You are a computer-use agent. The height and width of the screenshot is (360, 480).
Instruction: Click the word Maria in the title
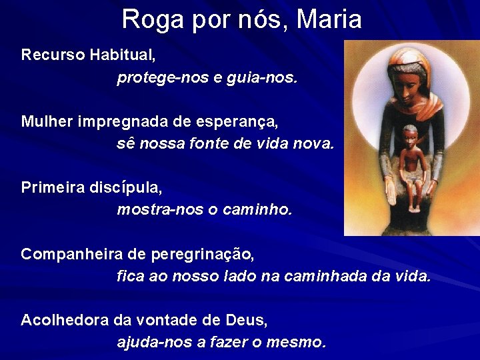tap(329, 19)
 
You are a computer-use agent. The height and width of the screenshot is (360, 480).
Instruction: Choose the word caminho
tap(257, 210)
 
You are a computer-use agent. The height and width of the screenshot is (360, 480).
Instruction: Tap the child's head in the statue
tap(409, 133)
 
